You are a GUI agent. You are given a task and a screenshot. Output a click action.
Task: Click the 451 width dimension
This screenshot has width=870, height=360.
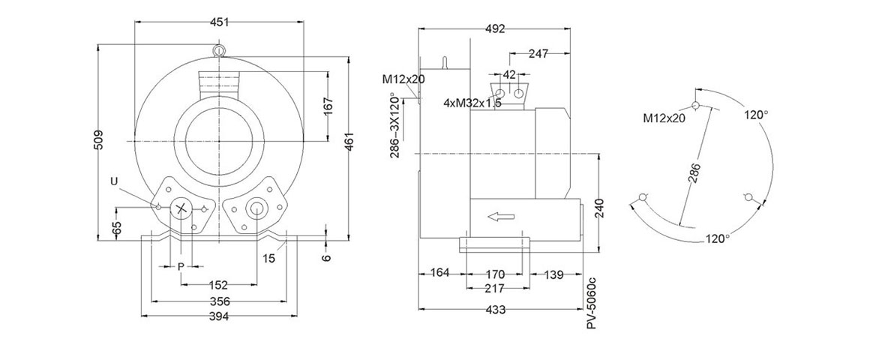[x=220, y=22]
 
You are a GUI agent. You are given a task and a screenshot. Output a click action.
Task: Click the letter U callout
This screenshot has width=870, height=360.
[x=114, y=181]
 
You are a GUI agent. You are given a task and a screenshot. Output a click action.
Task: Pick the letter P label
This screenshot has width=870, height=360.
[x=180, y=266]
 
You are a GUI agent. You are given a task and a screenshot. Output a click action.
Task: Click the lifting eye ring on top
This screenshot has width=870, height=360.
[x=219, y=50]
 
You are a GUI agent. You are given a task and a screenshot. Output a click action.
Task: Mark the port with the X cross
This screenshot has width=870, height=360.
[x=181, y=208]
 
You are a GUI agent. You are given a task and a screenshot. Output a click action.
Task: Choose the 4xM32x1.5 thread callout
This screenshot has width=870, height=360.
[x=472, y=103]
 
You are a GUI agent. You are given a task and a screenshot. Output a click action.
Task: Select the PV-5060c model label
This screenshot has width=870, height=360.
[x=591, y=301]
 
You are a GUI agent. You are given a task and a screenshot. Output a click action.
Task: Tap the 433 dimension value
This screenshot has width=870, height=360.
[x=495, y=310]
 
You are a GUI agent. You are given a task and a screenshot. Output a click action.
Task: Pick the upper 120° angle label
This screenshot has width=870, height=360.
[x=756, y=115]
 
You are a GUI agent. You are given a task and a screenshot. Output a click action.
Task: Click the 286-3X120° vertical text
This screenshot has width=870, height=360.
[x=395, y=125]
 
